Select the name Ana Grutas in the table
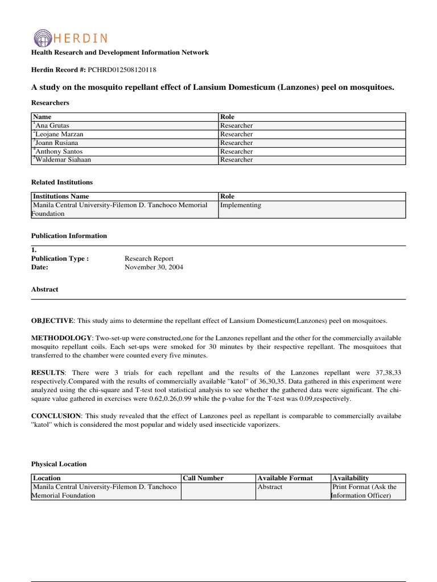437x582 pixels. [x=53, y=126]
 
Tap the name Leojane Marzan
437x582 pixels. [x=59, y=134]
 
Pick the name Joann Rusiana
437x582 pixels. [x=56, y=143]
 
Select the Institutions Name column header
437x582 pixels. [x=61, y=196]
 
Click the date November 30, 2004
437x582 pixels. [x=154, y=267]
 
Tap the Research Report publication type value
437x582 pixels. [x=149, y=259]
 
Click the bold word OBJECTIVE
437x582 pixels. [x=52, y=321]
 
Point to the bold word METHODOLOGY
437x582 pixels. [x=61, y=338]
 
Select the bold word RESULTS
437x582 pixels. [x=48, y=373]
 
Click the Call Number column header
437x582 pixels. [x=203, y=478]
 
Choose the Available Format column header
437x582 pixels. [x=285, y=478]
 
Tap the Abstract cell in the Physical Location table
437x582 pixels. [x=270, y=487]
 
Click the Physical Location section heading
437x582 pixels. [x=59, y=464]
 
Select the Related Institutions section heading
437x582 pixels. [x=61, y=182]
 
